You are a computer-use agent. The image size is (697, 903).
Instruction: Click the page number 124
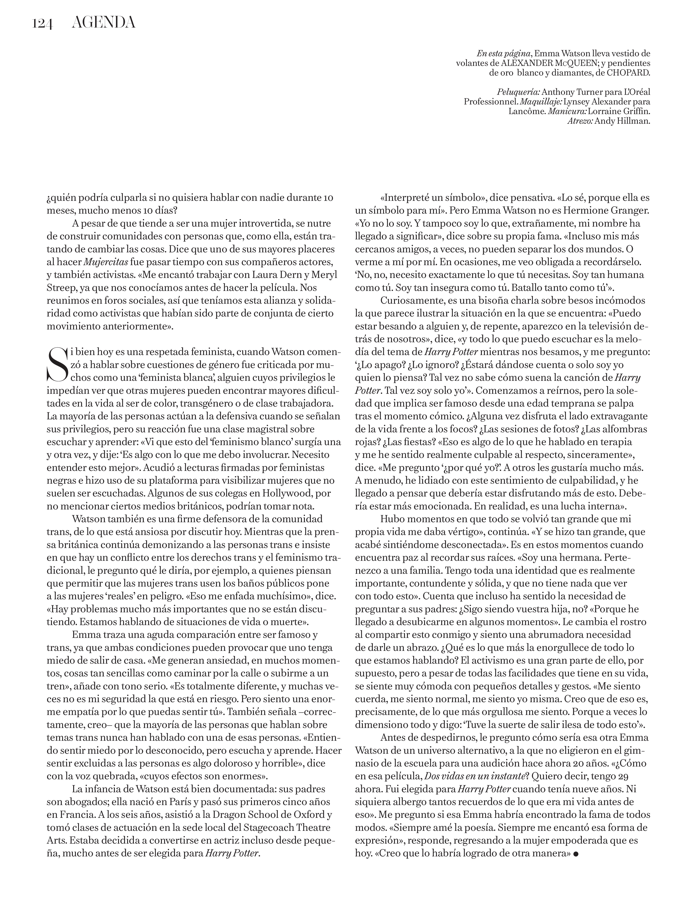[42, 24]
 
